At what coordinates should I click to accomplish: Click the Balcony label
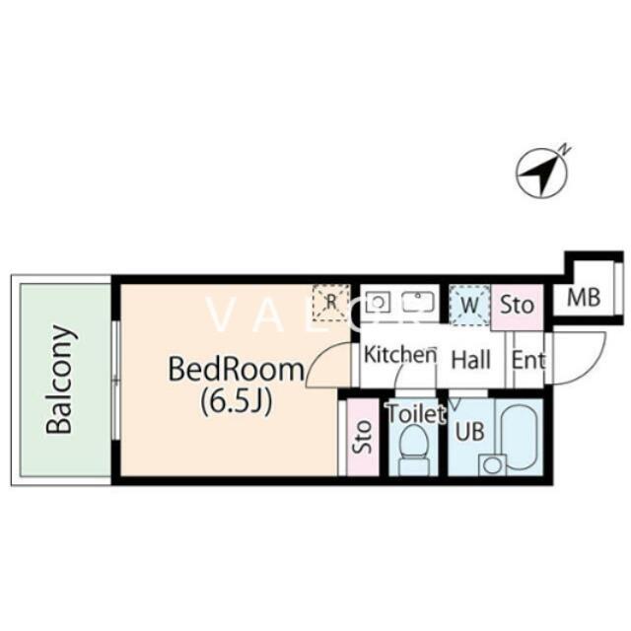(59, 380)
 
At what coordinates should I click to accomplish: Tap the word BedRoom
(237, 369)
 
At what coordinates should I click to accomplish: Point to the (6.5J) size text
(237, 401)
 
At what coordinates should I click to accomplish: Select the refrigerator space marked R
(331, 303)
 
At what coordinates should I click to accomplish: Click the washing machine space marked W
(469, 306)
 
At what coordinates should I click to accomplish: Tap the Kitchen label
(400, 355)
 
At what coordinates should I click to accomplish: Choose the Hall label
(471, 359)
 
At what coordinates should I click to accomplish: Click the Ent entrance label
(528, 359)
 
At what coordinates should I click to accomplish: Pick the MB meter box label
(584, 298)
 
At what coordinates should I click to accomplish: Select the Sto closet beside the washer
(517, 305)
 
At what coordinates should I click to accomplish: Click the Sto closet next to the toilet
(363, 437)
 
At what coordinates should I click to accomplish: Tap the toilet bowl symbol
(413, 449)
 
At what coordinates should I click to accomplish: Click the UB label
(469, 431)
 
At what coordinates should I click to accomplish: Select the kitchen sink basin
(418, 302)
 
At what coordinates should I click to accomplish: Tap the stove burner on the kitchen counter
(378, 303)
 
